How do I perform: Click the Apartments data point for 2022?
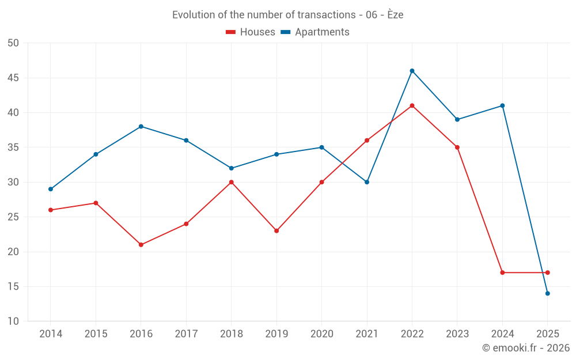(x=412, y=71)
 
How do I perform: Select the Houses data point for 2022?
(x=412, y=105)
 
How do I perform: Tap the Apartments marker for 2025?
(x=547, y=293)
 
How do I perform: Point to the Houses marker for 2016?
(x=141, y=245)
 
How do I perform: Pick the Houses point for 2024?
(x=502, y=272)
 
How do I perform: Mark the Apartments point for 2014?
(x=51, y=189)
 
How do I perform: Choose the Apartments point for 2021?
(x=367, y=182)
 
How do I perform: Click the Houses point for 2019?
(x=276, y=231)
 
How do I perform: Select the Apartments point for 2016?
(x=141, y=126)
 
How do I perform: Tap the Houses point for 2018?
(x=232, y=182)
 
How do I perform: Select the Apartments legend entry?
(x=315, y=32)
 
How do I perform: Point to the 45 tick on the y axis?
(x=13, y=78)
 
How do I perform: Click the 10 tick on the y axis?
(x=13, y=321)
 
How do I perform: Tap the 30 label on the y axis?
(x=13, y=182)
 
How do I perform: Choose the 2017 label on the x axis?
(x=186, y=334)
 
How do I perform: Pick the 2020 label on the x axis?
(x=321, y=334)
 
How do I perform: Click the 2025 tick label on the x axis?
(x=547, y=334)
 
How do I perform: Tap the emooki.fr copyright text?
(x=526, y=348)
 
